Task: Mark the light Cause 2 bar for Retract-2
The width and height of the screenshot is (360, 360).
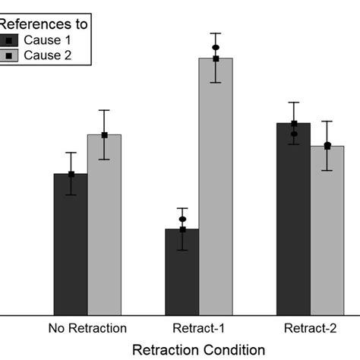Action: coord(327,232)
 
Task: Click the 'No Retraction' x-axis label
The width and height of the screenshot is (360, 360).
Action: coord(87,329)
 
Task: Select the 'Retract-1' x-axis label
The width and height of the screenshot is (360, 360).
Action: coord(199,329)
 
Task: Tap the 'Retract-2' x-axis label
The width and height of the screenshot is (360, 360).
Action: coord(310,329)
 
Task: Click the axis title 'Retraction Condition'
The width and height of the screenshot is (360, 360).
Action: coord(199,349)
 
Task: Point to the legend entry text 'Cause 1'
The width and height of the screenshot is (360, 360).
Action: coord(47,39)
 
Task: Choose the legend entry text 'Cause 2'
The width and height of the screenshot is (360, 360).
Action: coord(47,55)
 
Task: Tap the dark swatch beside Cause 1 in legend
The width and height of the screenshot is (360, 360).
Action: coord(8,39)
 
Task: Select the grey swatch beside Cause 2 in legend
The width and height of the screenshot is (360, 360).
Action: coord(8,55)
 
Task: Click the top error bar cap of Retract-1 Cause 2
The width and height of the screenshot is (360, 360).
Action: coord(216,33)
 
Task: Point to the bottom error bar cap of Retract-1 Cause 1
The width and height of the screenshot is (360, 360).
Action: coord(182,250)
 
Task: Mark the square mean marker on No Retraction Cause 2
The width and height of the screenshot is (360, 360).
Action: coord(104,135)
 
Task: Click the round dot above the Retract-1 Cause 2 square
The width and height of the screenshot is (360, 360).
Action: coord(216,48)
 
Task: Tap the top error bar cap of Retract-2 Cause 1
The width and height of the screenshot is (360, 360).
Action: coord(293,102)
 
